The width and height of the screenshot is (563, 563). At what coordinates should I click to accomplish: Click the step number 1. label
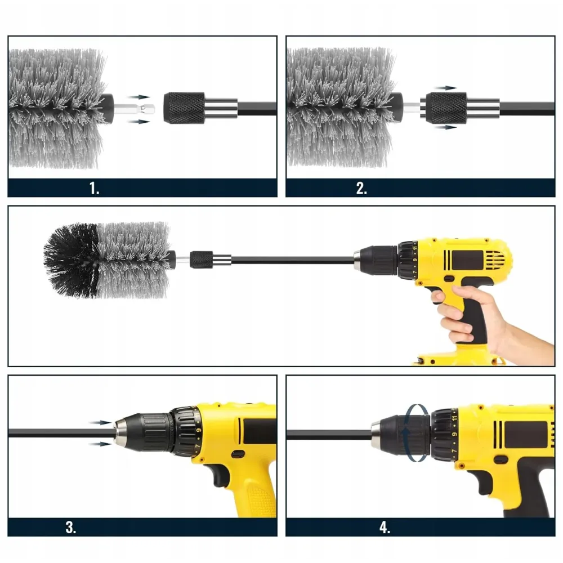[x=94, y=188]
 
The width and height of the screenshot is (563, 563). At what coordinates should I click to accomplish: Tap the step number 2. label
[x=361, y=188]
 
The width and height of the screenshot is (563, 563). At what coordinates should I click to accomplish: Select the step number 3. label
[x=71, y=528]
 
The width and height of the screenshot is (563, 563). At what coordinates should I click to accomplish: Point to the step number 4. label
[x=385, y=528]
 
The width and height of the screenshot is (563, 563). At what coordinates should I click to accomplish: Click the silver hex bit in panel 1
[x=135, y=109]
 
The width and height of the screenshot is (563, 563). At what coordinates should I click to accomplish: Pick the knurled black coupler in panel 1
[x=184, y=108]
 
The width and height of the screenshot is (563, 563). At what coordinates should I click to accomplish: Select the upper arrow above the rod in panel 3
[x=100, y=423]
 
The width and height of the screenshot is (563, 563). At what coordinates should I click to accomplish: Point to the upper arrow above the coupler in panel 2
[x=445, y=88]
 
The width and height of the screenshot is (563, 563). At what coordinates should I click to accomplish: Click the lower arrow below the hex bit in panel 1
[x=138, y=122]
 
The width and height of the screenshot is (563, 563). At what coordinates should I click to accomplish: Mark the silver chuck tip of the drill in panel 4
[x=377, y=435]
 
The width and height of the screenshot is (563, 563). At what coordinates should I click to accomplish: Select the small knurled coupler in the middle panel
[x=201, y=260]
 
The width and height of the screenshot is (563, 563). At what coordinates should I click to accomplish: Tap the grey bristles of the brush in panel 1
[x=57, y=109]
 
